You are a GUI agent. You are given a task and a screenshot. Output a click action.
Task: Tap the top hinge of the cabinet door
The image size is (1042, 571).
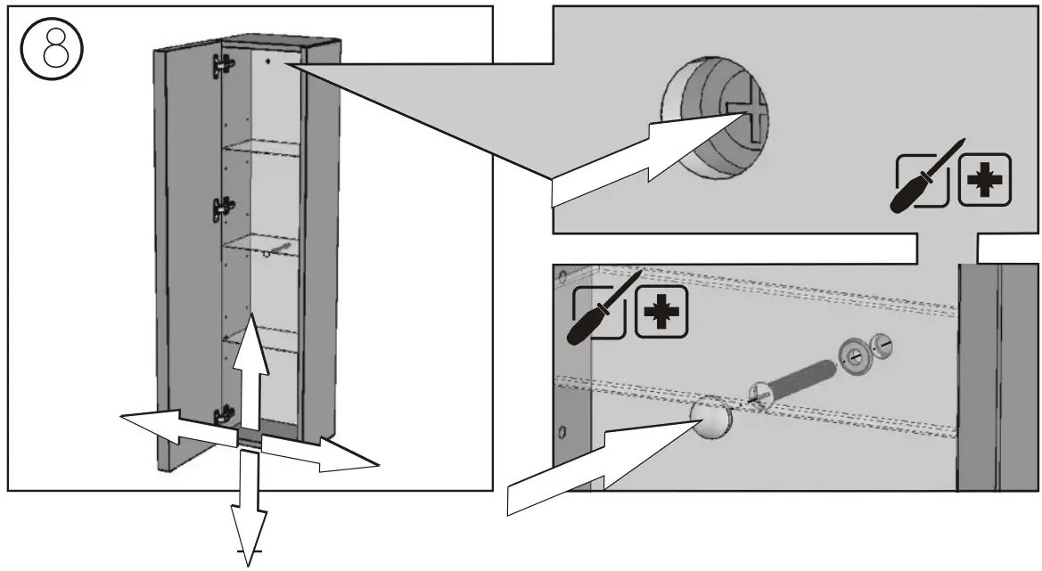224,64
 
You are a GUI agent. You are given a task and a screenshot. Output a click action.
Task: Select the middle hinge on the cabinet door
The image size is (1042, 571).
223,208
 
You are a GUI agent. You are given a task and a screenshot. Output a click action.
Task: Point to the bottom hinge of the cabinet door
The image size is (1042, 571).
224,415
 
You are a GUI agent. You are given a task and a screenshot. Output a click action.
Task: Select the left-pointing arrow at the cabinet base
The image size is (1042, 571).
174,426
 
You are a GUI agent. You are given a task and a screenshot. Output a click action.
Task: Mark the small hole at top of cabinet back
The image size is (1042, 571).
268,63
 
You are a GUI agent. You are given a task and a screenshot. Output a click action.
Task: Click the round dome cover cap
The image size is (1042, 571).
710,418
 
